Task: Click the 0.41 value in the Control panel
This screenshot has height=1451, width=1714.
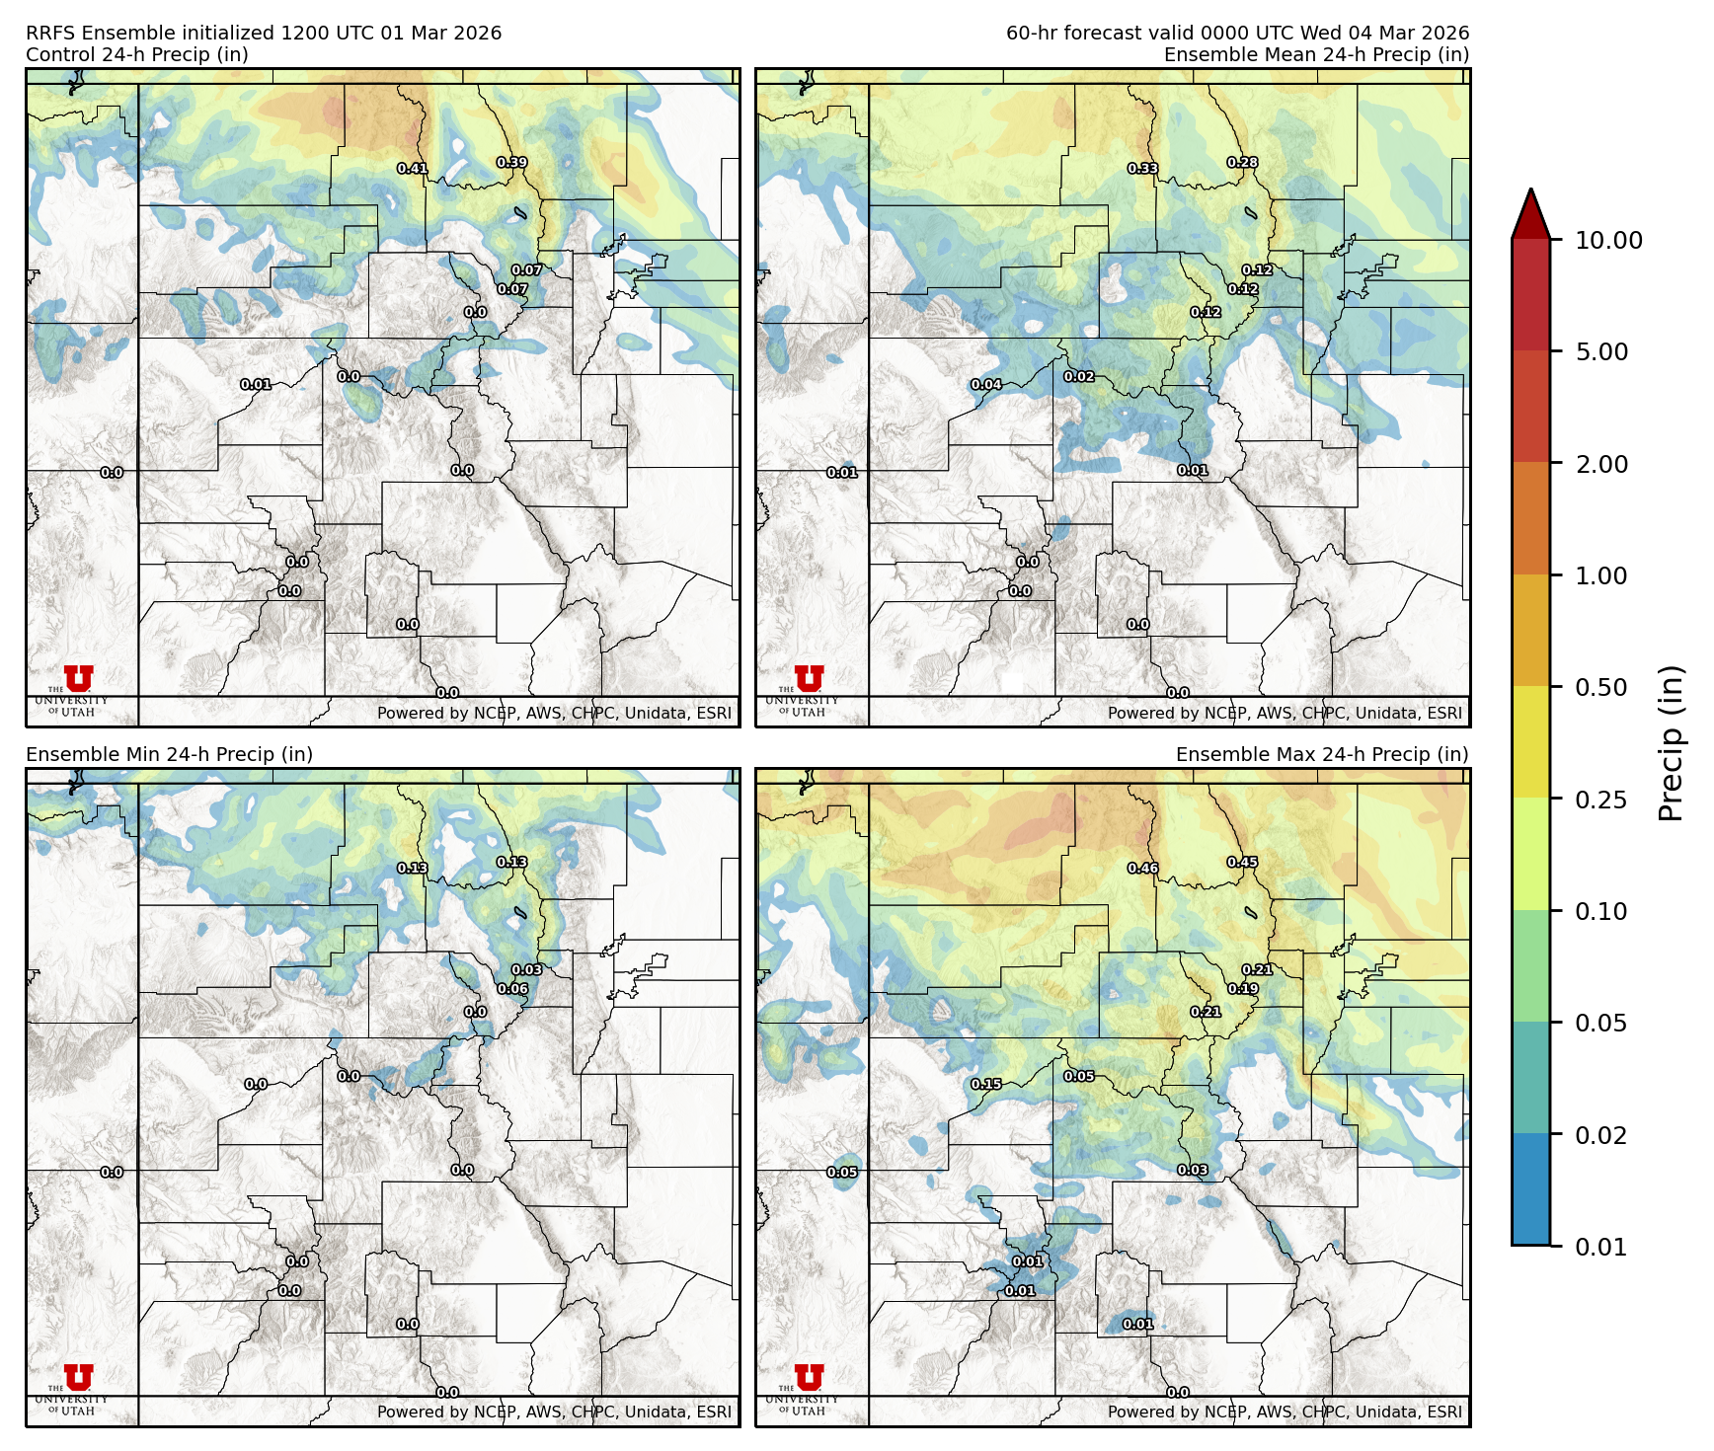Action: [412, 169]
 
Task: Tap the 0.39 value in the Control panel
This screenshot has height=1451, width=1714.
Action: [511, 163]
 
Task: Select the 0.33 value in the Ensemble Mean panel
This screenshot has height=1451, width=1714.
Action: [1142, 169]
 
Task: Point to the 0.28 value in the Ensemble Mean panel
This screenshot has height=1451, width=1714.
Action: [1242, 163]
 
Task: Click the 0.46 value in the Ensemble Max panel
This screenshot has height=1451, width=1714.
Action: [1142, 869]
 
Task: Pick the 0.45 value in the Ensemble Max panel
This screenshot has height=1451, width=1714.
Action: [1242, 863]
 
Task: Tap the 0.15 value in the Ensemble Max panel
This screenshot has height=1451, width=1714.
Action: [986, 1084]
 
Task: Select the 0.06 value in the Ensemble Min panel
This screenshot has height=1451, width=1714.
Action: [512, 989]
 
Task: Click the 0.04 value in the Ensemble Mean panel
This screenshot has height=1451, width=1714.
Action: [986, 385]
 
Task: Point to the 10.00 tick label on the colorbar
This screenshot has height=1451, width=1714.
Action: [1608, 241]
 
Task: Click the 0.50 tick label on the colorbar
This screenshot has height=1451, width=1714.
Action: [1601, 688]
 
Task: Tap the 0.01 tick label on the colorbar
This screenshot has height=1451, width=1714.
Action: [1601, 1248]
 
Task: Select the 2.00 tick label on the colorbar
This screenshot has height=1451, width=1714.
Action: [1601, 465]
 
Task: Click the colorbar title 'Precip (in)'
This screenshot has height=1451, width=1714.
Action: [1671, 743]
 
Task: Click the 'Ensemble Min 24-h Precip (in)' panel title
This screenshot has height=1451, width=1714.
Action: [169, 755]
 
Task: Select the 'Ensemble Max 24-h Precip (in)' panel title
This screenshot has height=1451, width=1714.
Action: [1322, 755]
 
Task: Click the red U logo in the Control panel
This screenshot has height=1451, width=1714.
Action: [79, 679]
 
